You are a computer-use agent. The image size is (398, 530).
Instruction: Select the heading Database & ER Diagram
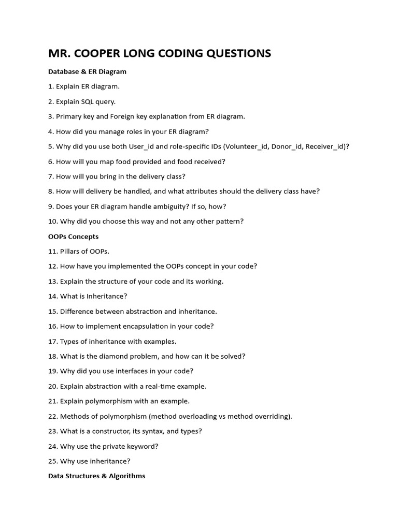[87, 71]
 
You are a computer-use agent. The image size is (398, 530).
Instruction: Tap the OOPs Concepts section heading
[73, 237]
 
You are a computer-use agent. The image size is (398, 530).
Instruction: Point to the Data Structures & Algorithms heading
[96, 476]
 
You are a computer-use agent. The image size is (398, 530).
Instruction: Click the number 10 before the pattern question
[52, 222]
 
